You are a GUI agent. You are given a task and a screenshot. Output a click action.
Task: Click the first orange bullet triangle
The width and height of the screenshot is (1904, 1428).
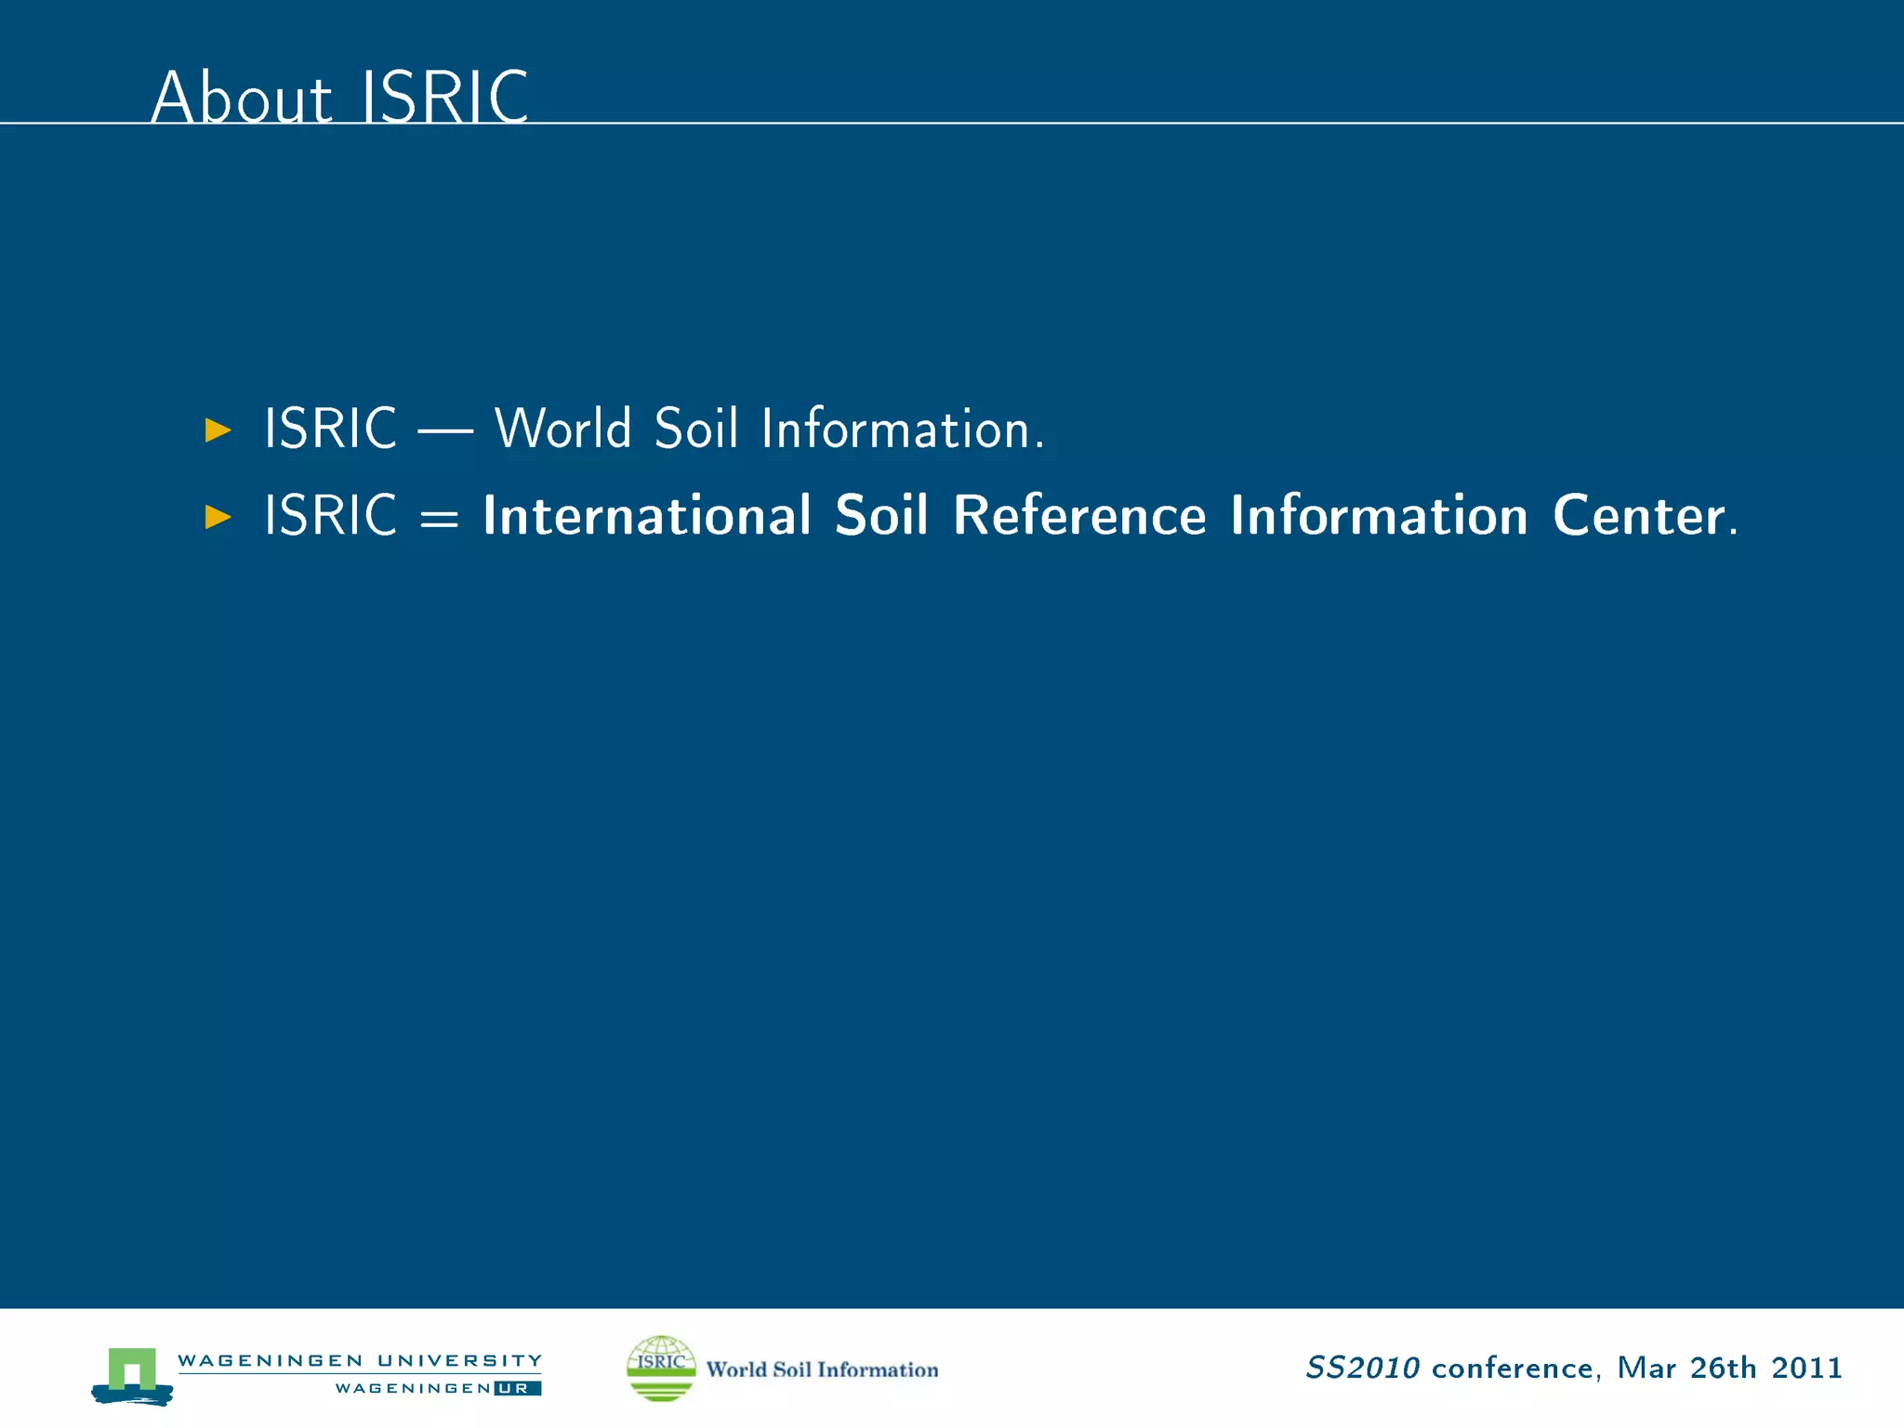point(218,430)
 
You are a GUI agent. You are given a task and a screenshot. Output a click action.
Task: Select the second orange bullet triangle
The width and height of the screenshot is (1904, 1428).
point(218,516)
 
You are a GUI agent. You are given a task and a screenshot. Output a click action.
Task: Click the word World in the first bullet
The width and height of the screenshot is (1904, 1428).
point(562,429)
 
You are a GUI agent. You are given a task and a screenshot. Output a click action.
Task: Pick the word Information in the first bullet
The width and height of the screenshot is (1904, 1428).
point(902,429)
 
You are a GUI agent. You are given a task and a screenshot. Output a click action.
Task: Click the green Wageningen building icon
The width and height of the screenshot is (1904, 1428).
point(132,1374)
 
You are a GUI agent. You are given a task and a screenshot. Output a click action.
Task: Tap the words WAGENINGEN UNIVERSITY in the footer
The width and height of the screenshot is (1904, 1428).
point(359,1360)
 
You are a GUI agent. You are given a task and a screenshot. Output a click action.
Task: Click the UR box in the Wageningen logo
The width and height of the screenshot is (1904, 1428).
point(517,1388)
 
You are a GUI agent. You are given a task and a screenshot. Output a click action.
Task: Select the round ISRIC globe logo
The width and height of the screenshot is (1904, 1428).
point(661,1368)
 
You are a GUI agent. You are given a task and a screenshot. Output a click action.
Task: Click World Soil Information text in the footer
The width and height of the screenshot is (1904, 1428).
point(822,1369)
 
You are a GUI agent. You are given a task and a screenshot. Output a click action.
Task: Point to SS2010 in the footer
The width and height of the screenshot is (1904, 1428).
point(1362,1368)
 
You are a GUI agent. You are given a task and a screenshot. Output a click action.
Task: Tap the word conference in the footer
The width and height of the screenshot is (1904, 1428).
point(1512,1368)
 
